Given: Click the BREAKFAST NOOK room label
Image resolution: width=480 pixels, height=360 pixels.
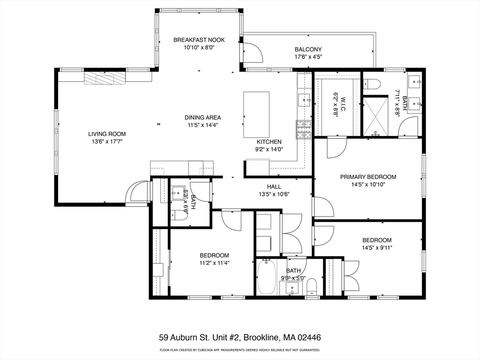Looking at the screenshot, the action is [x=199, y=40].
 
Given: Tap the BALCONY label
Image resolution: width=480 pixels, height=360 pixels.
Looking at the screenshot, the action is [x=308, y=49].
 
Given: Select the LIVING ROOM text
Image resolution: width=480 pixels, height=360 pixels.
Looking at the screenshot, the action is [x=107, y=134].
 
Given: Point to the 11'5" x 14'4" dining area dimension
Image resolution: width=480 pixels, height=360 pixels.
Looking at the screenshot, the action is [x=202, y=125].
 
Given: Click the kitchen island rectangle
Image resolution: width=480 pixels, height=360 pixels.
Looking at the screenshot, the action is [x=256, y=114].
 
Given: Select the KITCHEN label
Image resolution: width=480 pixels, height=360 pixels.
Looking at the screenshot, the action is [x=269, y=142].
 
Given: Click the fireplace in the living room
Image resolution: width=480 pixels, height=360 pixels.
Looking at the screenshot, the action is [x=105, y=78].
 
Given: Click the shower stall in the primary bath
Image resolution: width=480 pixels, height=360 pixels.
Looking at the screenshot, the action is [x=375, y=116].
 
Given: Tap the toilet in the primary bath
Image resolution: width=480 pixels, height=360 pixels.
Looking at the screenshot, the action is [x=372, y=83].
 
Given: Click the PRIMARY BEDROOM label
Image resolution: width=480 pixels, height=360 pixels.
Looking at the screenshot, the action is [x=368, y=177].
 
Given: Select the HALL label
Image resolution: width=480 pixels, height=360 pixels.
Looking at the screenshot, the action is [x=274, y=187].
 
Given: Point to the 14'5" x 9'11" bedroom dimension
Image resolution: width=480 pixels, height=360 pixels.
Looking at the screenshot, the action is [x=377, y=247].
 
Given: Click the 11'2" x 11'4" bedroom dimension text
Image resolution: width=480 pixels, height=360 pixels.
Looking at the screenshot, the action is [x=214, y=262].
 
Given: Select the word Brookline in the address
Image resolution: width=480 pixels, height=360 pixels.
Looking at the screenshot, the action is [x=262, y=337].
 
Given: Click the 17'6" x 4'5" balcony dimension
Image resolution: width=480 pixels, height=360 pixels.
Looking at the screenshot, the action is [x=308, y=57].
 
